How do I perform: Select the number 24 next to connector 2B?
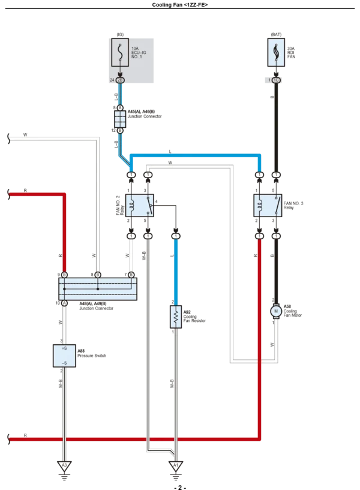tap(112, 79)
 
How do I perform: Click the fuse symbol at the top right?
tap(275, 52)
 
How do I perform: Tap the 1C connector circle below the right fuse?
tap(275, 79)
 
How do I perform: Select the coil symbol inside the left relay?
tap(132, 206)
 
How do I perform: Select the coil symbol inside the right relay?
tap(260, 206)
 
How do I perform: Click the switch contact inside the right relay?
tap(275, 206)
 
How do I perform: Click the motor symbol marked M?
tap(275, 311)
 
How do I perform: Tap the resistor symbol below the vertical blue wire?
tap(176, 317)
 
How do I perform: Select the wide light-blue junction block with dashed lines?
tap(98, 288)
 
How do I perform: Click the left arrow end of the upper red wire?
tap(8, 194)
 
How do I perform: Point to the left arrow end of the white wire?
tap(8, 139)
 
